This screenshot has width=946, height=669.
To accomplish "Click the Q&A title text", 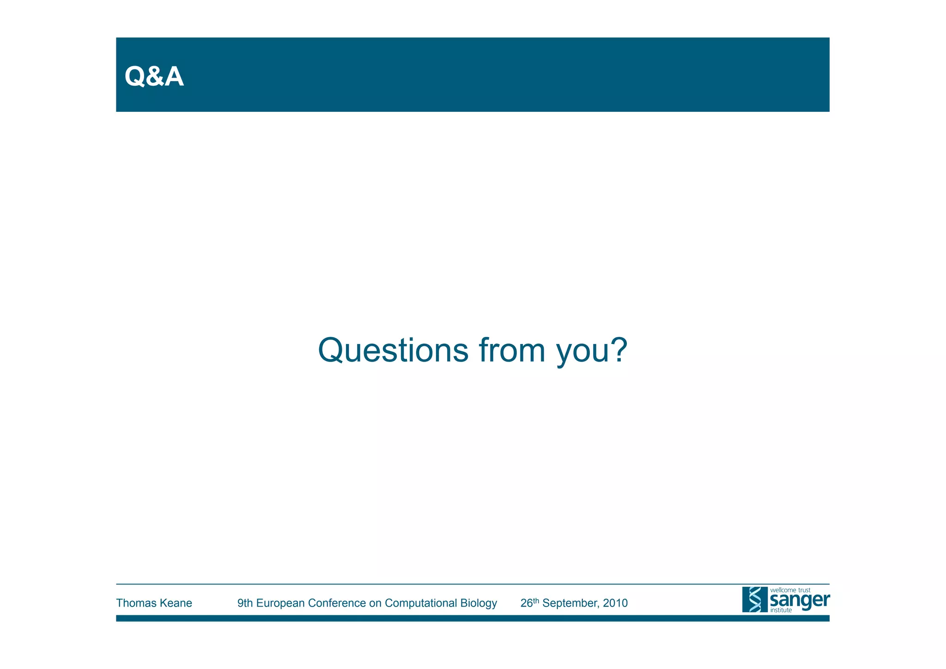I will [x=154, y=77].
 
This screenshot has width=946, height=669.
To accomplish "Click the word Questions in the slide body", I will [x=393, y=350].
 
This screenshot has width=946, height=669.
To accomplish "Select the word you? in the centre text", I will [x=592, y=351].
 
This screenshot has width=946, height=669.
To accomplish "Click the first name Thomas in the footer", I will [x=134, y=603].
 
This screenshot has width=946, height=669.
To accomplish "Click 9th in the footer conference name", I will [x=245, y=603].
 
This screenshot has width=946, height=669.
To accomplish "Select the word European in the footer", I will [x=281, y=603].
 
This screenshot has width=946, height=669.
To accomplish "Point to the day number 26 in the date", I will [x=527, y=603].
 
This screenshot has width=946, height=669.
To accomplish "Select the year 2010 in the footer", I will [x=615, y=603].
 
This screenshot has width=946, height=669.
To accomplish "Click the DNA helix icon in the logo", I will [x=755, y=600].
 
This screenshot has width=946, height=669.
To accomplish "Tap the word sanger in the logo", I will [x=800, y=601].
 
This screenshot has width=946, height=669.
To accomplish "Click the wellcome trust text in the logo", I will [x=790, y=590].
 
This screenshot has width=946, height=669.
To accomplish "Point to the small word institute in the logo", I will [x=781, y=610].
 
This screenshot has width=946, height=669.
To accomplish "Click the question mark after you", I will [x=619, y=350].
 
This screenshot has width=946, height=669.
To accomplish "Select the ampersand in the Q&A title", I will [x=155, y=77].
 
